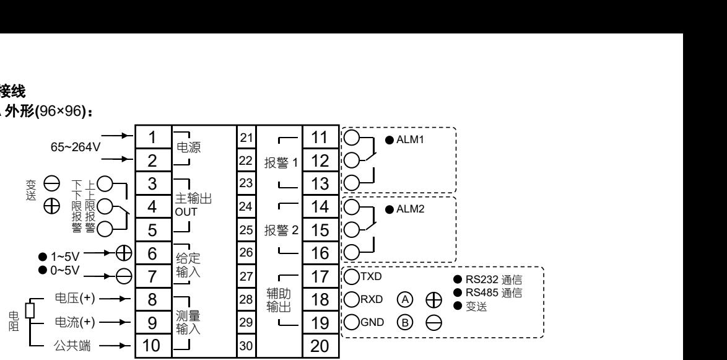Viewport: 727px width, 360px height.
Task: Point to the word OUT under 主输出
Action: click(x=186, y=211)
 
